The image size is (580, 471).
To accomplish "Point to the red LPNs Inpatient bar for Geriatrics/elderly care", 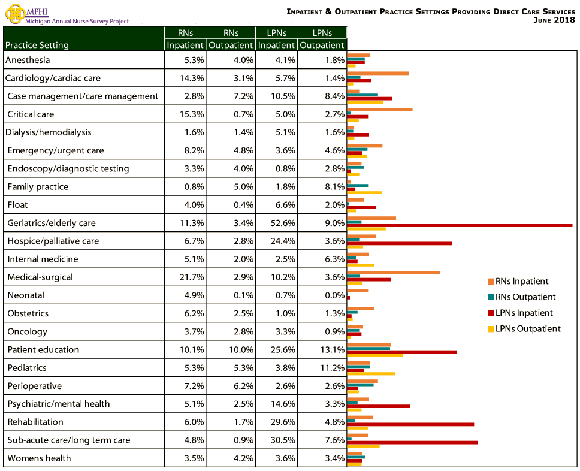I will (x=459, y=225).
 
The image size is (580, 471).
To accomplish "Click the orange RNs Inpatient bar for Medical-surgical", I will (x=393, y=272).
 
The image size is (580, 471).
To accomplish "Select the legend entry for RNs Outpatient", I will (x=525, y=297).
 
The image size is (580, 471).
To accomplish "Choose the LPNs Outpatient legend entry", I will (x=525, y=328).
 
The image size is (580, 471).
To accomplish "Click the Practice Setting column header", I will (x=37, y=45).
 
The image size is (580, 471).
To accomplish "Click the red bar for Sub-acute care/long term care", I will (x=412, y=442).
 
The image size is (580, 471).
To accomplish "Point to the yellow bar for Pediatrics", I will (x=371, y=373).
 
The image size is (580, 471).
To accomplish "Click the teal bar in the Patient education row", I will (x=368, y=348).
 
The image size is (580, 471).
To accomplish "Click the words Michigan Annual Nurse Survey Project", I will (x=77, y=22).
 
